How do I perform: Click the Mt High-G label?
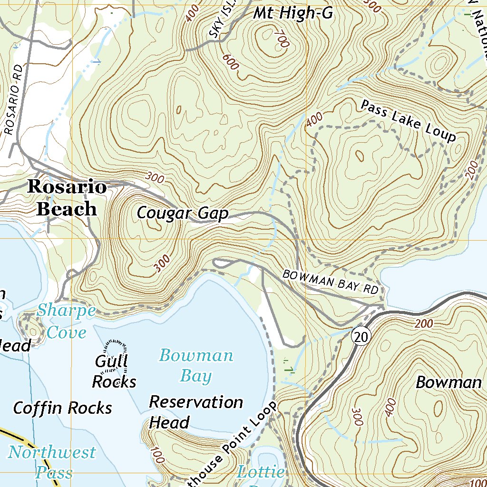click(292, 13)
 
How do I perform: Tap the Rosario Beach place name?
click(67, 198)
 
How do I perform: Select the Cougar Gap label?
click(183, 214)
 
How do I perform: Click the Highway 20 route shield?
click(361, 337)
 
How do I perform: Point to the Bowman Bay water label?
click(196, 366)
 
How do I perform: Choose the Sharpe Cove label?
click(66, 321)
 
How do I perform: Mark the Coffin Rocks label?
click(62, 408)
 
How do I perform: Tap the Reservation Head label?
click(195, 412)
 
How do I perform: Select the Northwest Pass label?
click(51, 462)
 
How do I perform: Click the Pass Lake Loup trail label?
click(408, 121)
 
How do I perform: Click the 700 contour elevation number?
click(281, 39)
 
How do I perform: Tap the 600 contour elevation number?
click(230, 61)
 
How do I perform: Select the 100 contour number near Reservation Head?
click(156, 455)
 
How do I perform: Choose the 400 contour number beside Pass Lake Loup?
click(314, 119)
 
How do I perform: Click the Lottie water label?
click(261, 473)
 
